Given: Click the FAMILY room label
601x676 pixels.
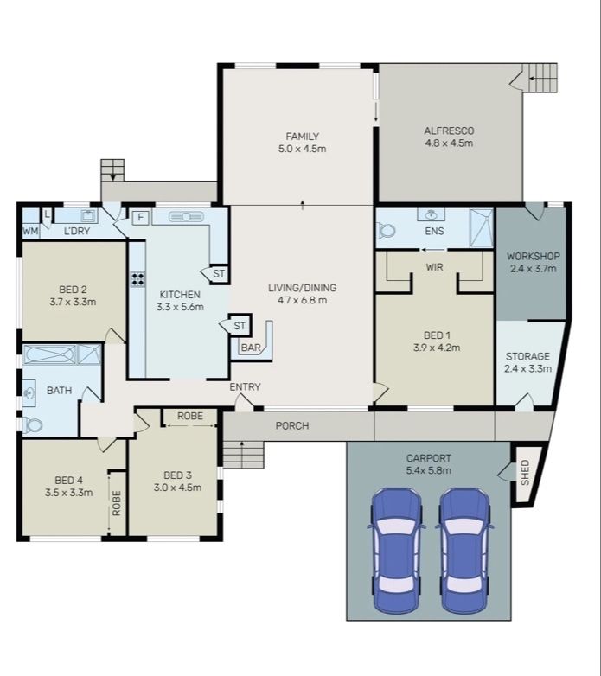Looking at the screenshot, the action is click(x=302, y=137).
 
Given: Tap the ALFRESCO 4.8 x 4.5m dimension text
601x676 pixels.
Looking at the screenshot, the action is click(x=449, y=143).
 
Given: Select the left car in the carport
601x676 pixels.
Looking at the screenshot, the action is click(x=396, y=551).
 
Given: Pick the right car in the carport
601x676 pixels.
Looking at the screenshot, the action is click(x=464, y=551).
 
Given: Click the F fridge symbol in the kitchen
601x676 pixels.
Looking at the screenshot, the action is click(x=140, y=218).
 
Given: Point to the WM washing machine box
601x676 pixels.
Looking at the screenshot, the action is click(x=30, y=232).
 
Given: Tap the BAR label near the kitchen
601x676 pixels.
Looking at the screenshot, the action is click(x=251, y=348).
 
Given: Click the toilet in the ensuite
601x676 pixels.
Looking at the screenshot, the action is click(x=386, y=231).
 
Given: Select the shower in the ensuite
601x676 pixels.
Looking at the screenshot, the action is click(x=481, y=228).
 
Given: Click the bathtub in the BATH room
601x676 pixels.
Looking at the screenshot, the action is click(x=49, y=354).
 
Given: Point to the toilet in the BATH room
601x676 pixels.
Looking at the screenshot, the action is click(x=33, y=425).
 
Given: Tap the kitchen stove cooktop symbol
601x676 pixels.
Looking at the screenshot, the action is click(x=137, y=279).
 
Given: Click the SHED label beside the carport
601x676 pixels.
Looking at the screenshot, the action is click(x=525, y=473).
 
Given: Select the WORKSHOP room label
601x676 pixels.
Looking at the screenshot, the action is click(x=534, y=256).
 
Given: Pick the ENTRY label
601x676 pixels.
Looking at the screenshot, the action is click(x=245, y=387).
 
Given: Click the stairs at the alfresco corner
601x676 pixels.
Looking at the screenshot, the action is click(x=540, y=78).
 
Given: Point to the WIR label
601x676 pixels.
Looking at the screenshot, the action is click(x=434, y=267).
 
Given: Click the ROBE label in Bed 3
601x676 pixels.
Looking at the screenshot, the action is click(x=190, y=416).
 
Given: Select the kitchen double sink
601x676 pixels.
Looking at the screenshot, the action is click(x=185, y=216).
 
